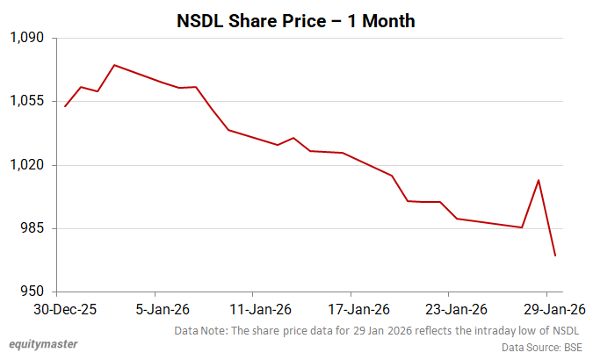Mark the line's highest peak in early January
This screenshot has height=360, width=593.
(x=114, y=65)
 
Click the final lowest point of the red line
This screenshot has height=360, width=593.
(x=555, y=256)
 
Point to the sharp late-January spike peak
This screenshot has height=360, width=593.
(x=539, y=180)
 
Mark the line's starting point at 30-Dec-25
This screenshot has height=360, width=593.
(x=66, y=106)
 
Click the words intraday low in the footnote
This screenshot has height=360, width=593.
(x=498, y=330)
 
